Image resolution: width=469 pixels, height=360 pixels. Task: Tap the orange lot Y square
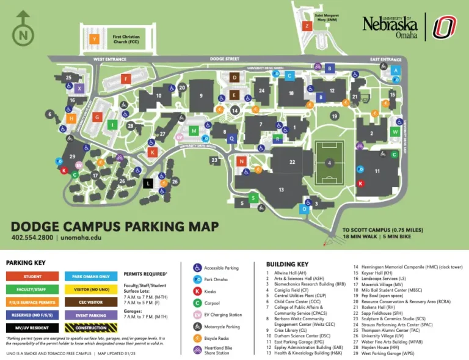pos(94,39)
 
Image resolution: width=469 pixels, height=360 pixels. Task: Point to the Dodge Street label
pos(225,59)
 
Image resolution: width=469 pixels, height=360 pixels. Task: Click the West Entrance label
pos(110,59)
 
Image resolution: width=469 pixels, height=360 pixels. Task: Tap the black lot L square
pos(148,182)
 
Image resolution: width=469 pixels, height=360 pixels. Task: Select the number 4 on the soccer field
pos(329,163)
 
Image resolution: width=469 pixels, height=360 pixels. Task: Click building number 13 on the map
pos(282,190)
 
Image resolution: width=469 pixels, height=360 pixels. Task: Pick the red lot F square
pos(126,78)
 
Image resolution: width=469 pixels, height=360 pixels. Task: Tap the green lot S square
pos(253,197)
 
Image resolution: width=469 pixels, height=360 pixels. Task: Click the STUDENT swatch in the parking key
pos(32,276)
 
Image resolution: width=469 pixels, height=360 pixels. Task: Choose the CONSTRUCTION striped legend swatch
pos(91,328)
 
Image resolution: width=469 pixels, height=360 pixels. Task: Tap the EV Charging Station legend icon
pos(197,315)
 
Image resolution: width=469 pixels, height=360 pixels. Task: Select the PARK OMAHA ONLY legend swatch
pos(91,276)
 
